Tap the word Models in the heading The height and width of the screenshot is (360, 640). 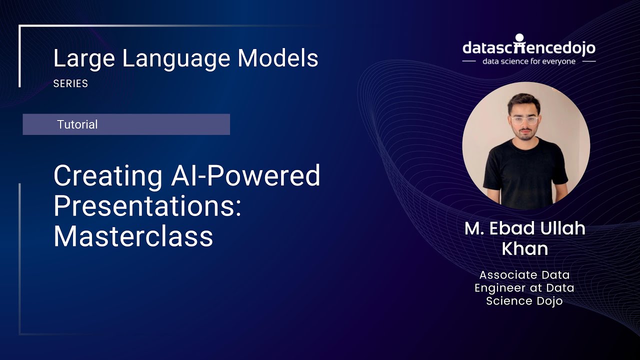click(x=278, y=59)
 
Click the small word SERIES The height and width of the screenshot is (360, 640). click(x=70, y=84)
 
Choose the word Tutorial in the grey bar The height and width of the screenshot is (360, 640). click(x=77, y=124)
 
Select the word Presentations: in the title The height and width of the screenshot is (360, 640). click(x=147, y=206)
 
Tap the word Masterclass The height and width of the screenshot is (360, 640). click(x=133, y=236)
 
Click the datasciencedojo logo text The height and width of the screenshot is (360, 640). click(x=528, y=48)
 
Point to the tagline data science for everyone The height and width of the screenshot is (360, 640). click(x=528, y=61)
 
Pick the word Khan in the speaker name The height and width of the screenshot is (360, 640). click(x=524, y=248)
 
